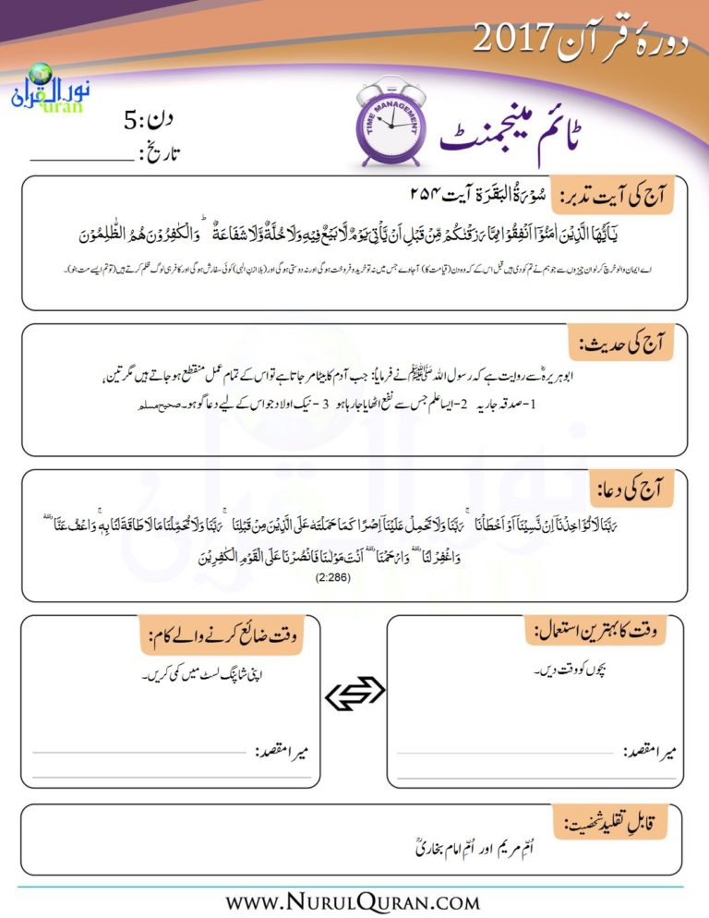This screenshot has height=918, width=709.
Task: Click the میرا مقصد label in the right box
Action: pyautogui.click(x=651, y=747)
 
